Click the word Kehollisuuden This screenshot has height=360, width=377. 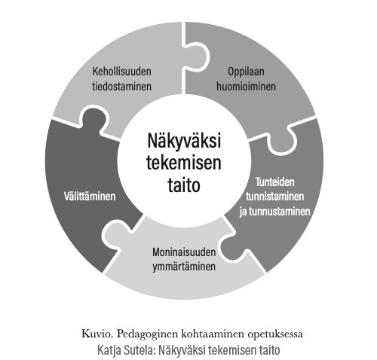click(x=122, y=72)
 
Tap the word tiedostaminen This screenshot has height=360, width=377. click(x=122, y=87)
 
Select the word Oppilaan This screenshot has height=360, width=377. click(x=246, y=72)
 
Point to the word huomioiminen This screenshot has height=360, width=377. click(x=246, y=87)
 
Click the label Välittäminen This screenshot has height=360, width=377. click(x=90, y=197)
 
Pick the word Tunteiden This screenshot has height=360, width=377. click(x=275, y=182)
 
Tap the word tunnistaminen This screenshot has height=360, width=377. click(x=275, y=197)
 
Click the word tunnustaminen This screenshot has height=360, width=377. click(x=280, y=212)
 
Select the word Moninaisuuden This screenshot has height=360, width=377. click(x=184, y=252)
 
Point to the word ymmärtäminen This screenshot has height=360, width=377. click(x=184, y=267)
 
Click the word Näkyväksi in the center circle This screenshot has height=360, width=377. click(x=184, y=141)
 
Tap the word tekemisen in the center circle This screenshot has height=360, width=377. click(x=184, y=163)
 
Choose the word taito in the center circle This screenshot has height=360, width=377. click(x=184, y=185)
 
